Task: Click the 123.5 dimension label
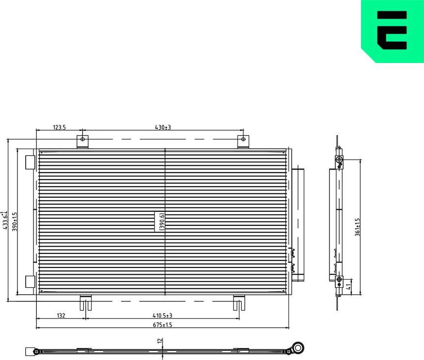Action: [59, 127]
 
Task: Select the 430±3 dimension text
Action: [163, 127]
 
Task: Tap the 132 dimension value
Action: [61, 315]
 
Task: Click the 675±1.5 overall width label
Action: [163, 325]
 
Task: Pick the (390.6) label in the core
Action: [162, 221]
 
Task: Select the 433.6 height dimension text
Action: [5, 221]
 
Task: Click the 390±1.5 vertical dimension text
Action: [15, 221]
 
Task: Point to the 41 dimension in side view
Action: [348, 286]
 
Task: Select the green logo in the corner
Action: [393, 31]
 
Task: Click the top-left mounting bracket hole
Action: [82, 140]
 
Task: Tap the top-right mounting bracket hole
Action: [243, 140]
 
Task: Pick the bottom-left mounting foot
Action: [86, 303]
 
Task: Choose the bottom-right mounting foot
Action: [238, 303]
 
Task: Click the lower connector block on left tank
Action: [30, 282]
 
